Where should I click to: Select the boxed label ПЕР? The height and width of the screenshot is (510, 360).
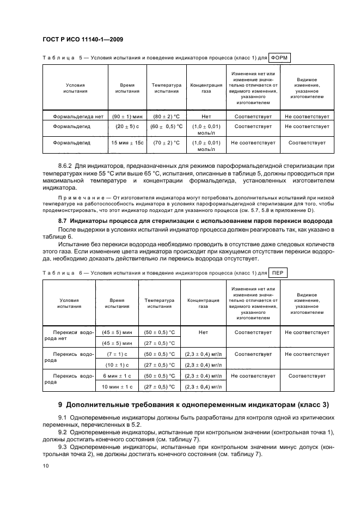click(x=277, y=272)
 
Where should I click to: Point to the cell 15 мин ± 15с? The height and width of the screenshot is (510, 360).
click(x=127, y=143)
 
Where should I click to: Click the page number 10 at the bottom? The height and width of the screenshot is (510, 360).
click(x=45, y=465)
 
